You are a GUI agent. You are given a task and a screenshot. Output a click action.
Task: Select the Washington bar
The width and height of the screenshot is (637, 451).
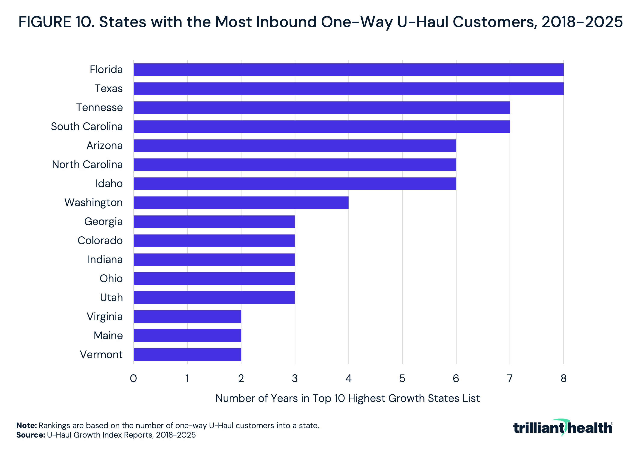pyautogui.click(x=241, y=203)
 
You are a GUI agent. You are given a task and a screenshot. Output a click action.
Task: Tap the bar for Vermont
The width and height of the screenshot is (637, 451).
pyautogui.click(x=187, y=355)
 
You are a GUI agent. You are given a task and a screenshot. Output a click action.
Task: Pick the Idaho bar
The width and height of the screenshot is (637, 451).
pyautogui.click(x=295, y=184)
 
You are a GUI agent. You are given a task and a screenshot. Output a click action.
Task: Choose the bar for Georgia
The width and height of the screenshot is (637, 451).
pyautogui.click(x=214, y=222)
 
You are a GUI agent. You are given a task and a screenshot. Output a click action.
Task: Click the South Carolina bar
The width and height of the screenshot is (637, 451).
pyautogui.click(x=322, y=127)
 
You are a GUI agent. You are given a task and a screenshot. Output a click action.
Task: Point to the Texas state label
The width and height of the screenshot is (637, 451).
pyautogui.click(x=109, y=89)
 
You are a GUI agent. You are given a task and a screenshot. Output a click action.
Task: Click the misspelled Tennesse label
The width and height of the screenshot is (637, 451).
pyautogui.click(x=100, y=107)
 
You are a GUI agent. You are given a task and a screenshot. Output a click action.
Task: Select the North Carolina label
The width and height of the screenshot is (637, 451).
pyautogui.click(x=87, y=165)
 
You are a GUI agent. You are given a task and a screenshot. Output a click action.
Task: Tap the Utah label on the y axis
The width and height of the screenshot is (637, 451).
pyautogui.click(x=111, y=298)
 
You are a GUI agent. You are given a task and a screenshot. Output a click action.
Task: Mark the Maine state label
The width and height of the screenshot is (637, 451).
pyautogui.click(x=108, y=336)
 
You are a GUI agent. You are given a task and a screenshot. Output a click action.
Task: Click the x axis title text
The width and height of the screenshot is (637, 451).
pyautogui.click(x=347, y=398)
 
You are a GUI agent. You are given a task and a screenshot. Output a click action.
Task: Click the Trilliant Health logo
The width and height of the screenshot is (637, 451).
pyautogui.click(x=563, y=428)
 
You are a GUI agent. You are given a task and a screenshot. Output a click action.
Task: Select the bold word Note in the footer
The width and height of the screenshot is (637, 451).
pyautogui.click(x=27, y=425)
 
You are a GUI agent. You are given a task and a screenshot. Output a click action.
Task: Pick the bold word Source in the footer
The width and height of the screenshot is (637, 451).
pyautogui.click(x=31, y=435)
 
